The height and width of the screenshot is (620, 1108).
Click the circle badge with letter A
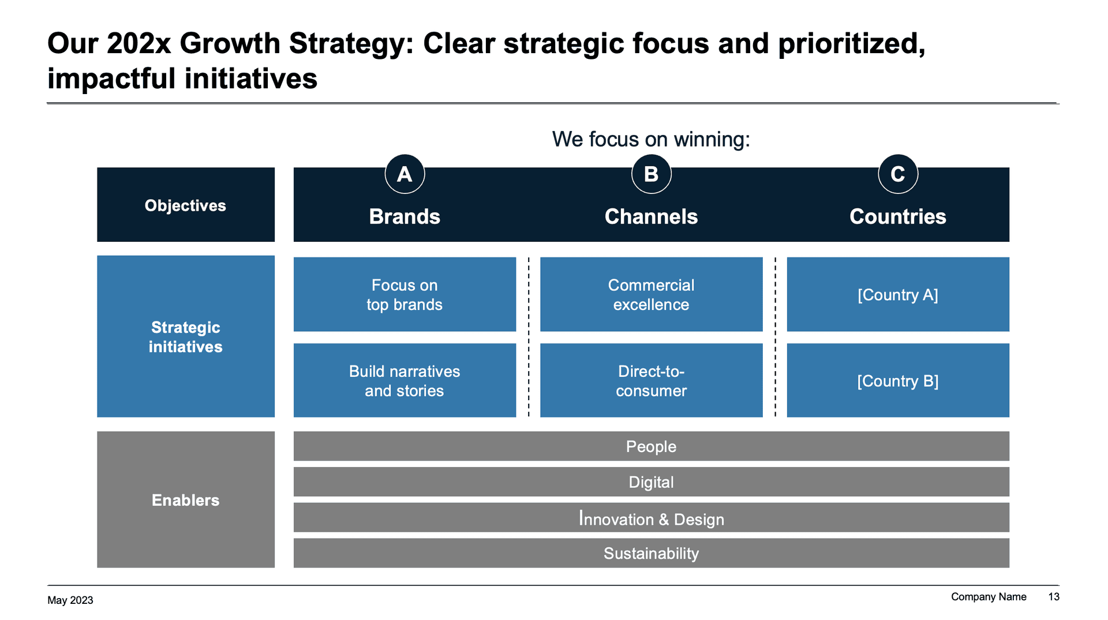[x=405, y=174]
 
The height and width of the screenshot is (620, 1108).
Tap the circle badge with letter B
[x=651, y=174]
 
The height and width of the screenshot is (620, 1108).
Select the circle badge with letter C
[x=897, y=174]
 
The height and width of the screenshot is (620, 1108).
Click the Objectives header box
[x=185, y=205]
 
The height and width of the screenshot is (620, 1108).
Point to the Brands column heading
[x=405, y=216]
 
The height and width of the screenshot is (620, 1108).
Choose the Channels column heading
[x=651, y=216]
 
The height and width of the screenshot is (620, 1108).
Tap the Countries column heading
[x=897, y=216]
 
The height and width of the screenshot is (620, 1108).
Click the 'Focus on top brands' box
[x=405, y=294]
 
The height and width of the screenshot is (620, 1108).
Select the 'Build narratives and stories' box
[x=405, y=380]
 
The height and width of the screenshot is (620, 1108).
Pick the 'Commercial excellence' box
[x=651, y=294]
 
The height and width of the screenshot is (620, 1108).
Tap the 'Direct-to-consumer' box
[x=651, y=380]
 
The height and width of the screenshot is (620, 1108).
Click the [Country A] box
[x=897, y=294]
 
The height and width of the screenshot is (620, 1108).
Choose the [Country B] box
[x=897, y=380]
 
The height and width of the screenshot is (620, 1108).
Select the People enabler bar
[x=651, y=446]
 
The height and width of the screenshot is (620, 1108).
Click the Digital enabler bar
[x=651, y=482]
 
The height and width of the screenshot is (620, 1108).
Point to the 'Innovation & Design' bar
[x=651, y=518]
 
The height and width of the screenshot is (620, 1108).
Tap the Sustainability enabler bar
[x=651, y=553]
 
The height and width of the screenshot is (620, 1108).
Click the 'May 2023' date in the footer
[x=70, y=600]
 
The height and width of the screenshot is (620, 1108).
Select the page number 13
[x=1053, y=597]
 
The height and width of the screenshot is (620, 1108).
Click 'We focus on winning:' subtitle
[x=651, y=139]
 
